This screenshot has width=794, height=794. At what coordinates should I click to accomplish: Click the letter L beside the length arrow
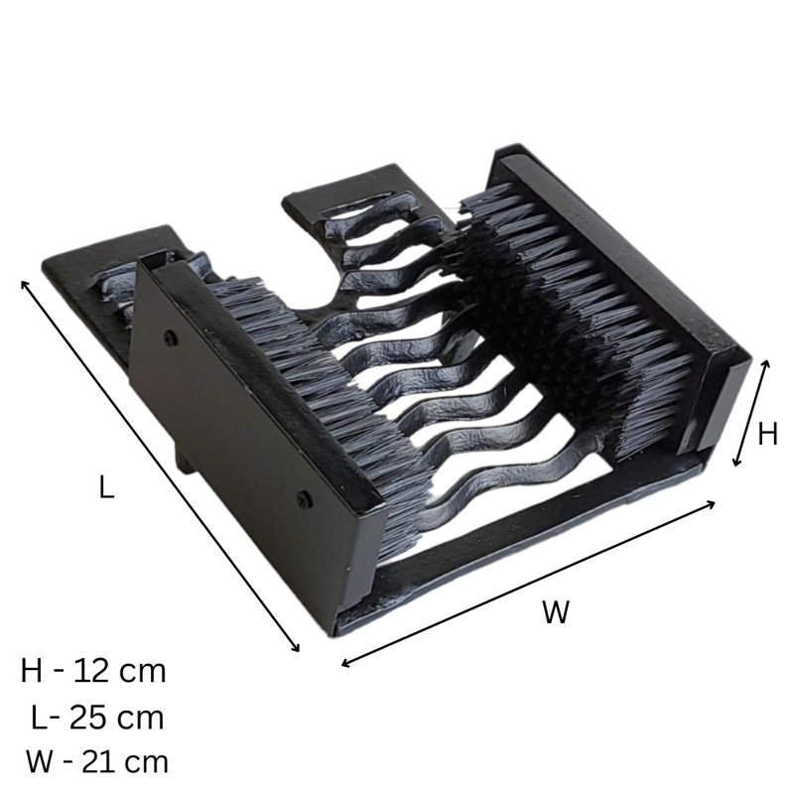106,486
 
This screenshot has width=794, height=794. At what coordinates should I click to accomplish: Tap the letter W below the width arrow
556,611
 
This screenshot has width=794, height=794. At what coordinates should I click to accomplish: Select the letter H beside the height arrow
767,434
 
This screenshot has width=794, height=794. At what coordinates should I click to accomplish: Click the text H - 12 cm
93,672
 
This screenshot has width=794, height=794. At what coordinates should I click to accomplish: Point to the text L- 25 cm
97,718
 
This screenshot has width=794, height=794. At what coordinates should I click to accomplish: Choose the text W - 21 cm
96,761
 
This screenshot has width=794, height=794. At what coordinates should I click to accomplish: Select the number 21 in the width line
98,761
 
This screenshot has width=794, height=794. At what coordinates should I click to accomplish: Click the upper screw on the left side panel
172,334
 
